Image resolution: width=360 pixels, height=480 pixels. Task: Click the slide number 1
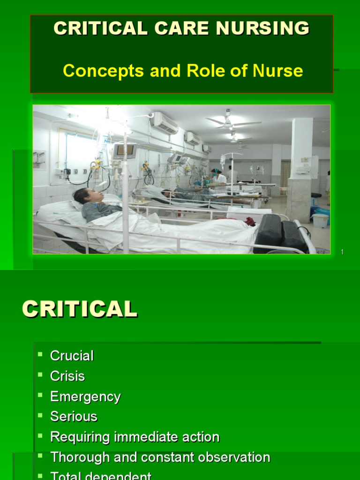click(342, 252)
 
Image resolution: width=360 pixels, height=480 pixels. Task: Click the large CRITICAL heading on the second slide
click(80, 310)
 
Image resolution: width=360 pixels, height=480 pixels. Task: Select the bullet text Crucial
click(72, 356)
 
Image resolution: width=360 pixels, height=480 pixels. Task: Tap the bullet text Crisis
click(67, 376)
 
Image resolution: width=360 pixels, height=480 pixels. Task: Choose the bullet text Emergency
click(85, 397)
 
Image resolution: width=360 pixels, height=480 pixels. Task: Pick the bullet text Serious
click(74, 417)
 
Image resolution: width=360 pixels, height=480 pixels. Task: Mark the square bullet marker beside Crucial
click(40, 353)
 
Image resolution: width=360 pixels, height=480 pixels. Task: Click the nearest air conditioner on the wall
click(165, 123)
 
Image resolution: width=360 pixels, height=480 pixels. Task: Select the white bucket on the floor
click(320, 220)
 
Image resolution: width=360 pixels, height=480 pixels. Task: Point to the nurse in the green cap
click(217, 176)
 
